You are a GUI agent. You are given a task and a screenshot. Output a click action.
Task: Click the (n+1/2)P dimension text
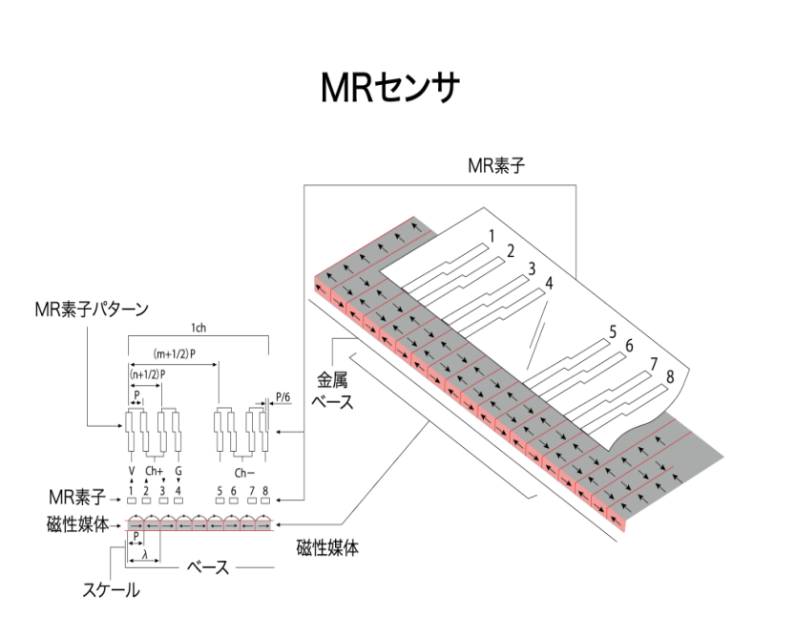pyautogui.click(x=148, y=373)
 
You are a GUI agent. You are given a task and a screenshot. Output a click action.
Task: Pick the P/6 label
pyautogui.click(x=282, y=392)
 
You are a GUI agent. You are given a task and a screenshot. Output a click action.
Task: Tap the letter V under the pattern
pyautogui.click(x=131, y=471)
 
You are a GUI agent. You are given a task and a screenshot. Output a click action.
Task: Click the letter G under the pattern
pyautogui.click(x=178, y=471)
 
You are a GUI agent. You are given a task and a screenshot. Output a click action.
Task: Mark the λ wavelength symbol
pyautogui.click(x=143, y=555)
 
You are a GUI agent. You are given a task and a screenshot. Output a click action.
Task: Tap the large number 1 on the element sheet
pyautogui.click(x=491, y=235)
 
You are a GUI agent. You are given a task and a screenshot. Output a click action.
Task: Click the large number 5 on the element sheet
pyautogui.click(x=613, y=332)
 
